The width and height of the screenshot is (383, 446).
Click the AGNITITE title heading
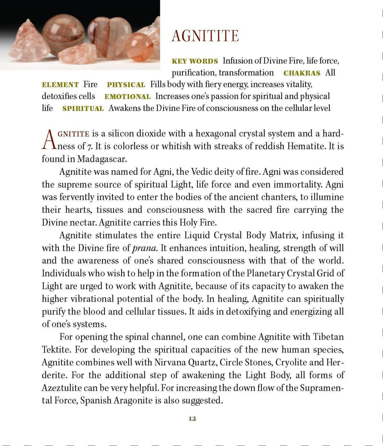(205, 36)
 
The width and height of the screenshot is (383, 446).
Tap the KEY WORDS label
(195, 61)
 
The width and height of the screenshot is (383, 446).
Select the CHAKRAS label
(302, 73)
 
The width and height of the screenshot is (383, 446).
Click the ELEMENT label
(60, 85)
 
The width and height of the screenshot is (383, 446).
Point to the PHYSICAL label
(126, 85)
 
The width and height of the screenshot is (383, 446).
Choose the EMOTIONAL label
(127, 97)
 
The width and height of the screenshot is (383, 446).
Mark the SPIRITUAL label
(83, 109)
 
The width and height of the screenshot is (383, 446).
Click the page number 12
(192, 419)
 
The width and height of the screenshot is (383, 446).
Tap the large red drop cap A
(49, 140)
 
